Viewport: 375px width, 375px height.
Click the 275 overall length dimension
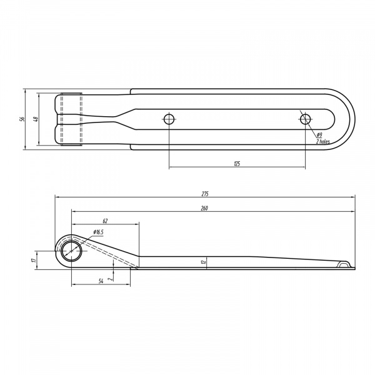click(x=205, y=194)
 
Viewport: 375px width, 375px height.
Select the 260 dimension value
click(x=204, y=208)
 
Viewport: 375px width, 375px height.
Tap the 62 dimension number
click(x=105, y=221)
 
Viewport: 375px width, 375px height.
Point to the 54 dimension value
click(x=101, y=281)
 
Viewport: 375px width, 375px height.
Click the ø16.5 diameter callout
click(x=98, y=232)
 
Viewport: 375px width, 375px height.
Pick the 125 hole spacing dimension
click(x=237, y=164)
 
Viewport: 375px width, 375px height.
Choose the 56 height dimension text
click(x=22, y=119)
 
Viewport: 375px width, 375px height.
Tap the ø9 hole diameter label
click(x=319, y=134)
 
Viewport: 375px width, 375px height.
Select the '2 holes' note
click(x=323, y=142)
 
